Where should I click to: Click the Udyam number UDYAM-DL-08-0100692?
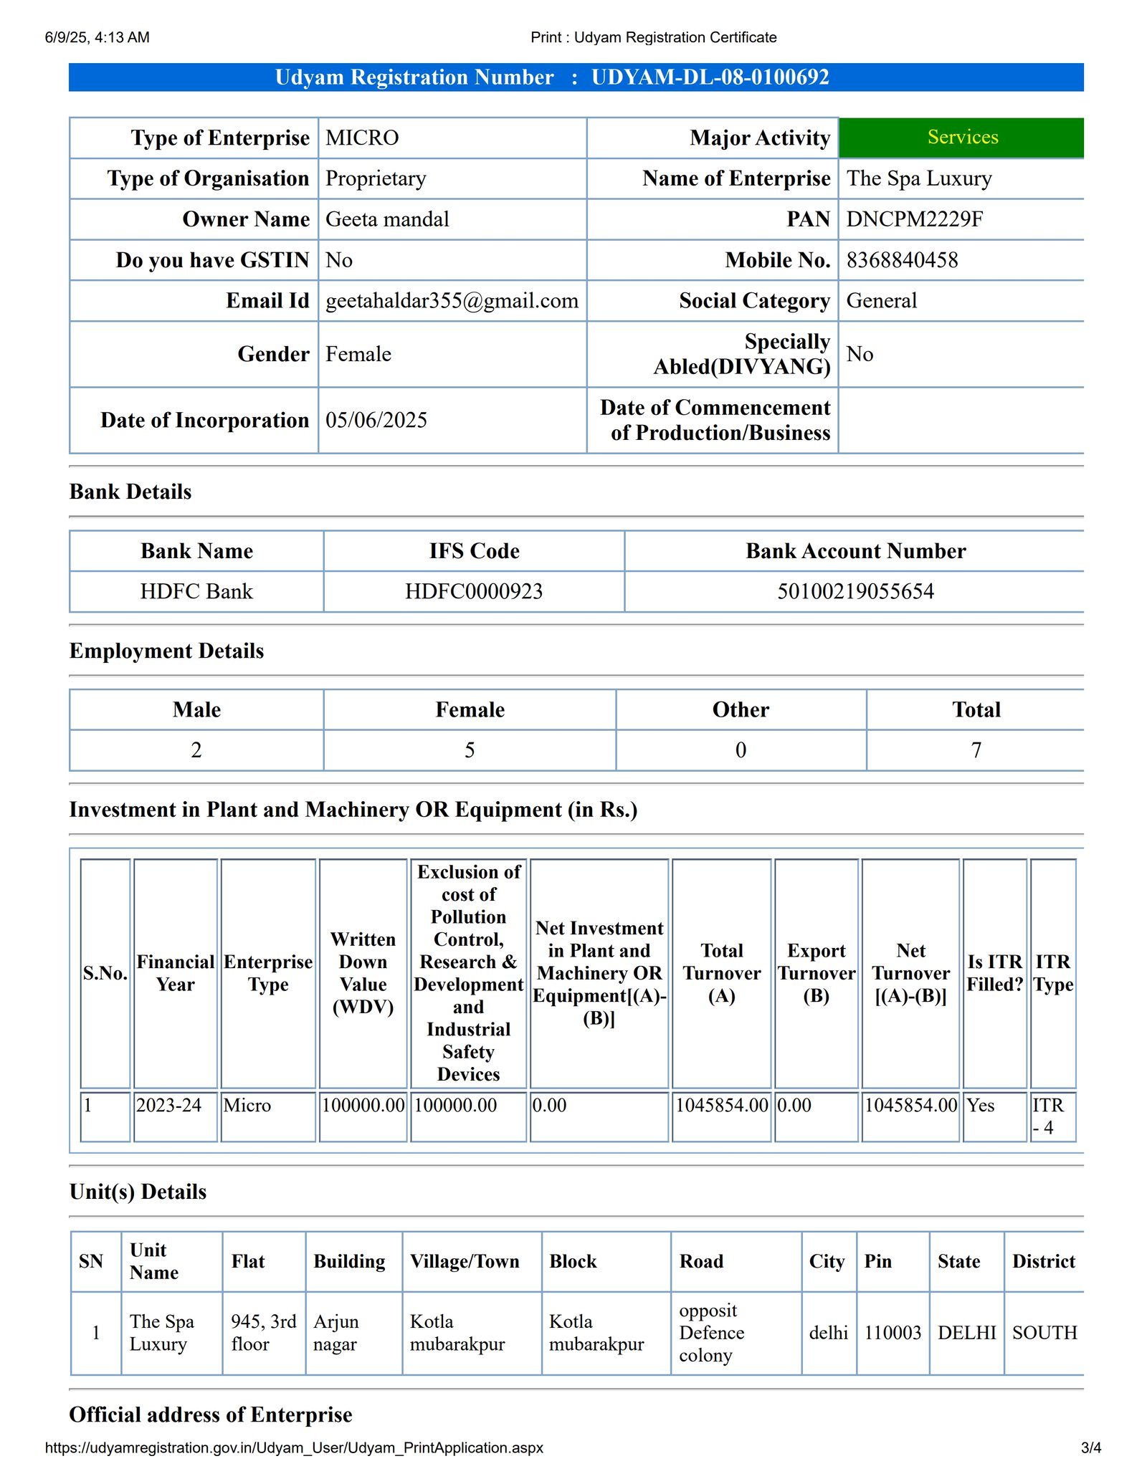[710, 77]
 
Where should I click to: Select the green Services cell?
[962, 138]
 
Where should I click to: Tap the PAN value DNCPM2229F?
[914, 219]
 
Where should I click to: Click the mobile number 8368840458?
[902, 260]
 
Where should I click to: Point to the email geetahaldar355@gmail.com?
[452, 301]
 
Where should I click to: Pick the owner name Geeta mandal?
[387, 219]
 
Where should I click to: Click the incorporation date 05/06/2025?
[376, 421]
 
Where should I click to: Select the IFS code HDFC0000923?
[474, 592]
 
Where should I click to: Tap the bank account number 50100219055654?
[855, 592]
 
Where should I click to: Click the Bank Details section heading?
[130, 492]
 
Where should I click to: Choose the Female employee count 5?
[470, 750]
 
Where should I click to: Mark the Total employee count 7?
[976, 750]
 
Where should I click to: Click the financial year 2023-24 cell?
[169, 1106]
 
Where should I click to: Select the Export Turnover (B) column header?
[817, 973]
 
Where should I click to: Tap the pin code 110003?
[893, 1333]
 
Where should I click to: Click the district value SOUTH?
[1044, 1333]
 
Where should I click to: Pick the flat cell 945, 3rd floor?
[263, 1333]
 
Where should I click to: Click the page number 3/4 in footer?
[1090, 1448]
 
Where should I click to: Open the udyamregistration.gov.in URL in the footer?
[294, 1448]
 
